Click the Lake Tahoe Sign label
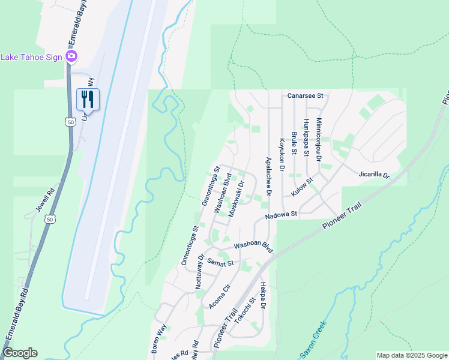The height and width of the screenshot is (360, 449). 31,57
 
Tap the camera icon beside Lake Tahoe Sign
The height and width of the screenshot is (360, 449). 71,56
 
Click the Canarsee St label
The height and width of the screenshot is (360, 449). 305,95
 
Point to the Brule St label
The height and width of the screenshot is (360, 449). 294,143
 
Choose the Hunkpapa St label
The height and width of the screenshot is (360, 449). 306,137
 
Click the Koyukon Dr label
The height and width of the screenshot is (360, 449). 281,154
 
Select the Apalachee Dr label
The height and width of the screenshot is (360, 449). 268,177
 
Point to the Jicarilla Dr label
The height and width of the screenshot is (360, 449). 374,175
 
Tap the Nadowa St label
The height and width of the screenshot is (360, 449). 282,214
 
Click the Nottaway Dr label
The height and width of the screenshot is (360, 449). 200,272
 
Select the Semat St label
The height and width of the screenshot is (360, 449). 220,263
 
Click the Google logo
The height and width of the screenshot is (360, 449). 20,353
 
